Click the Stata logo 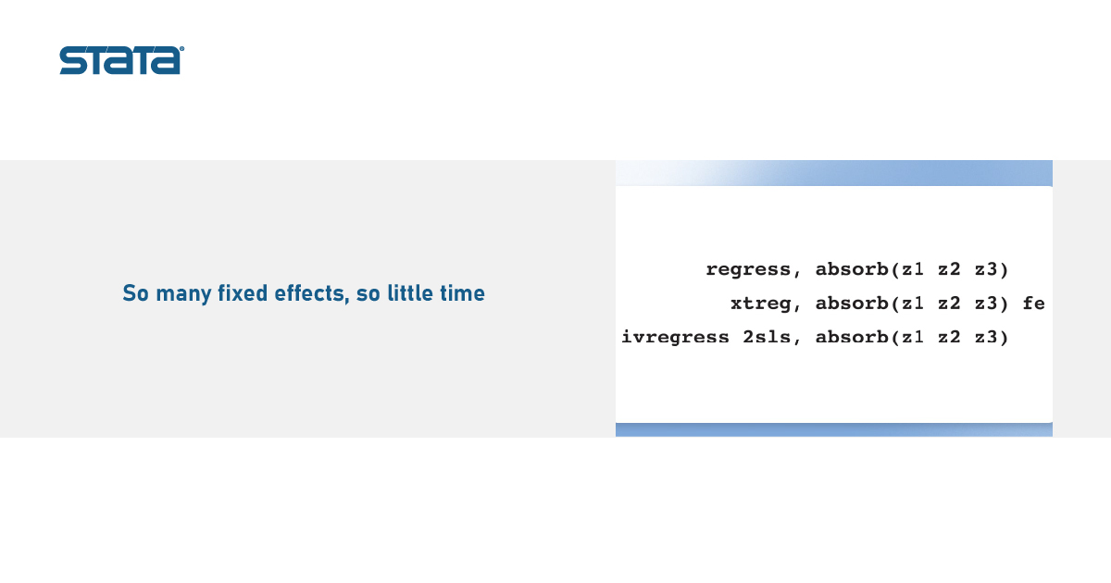click(121, 60)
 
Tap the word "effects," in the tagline click(312, 293)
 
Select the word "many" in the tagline click(183, 294)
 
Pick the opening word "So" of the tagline click(135, 293)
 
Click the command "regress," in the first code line click(753, 270)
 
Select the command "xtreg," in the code click(766, 304)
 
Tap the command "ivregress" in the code click(675, 337)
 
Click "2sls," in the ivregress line click(771, 338)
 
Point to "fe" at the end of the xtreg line click(1033, 304)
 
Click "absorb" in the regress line click(852, 269)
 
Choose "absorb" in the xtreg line click(852, 303)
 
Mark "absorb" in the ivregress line click(852, 337)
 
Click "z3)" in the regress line click(992, 269)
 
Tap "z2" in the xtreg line click(949, 304)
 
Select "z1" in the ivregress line click(913, 338)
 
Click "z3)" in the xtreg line click(992, 304)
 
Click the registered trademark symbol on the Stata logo click(181, 48)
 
